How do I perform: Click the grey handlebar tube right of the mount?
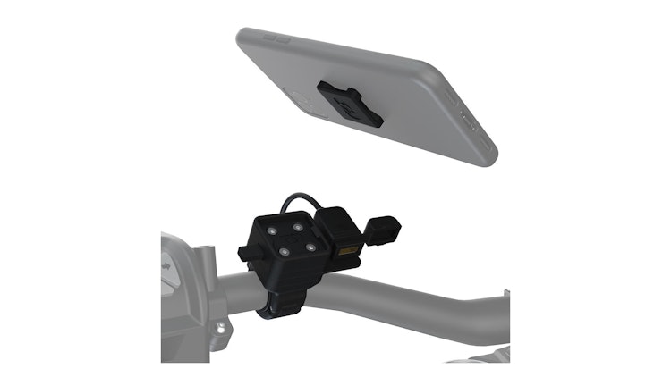(420, 299)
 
